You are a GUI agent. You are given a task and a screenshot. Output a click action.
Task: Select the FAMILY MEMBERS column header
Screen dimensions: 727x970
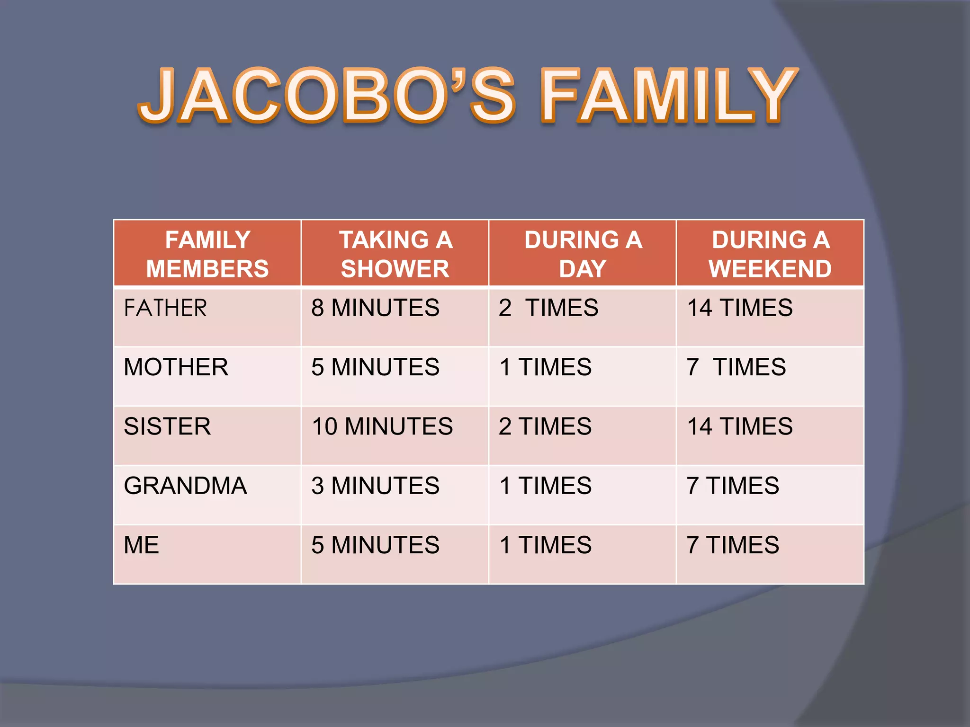click(x=207, y=254)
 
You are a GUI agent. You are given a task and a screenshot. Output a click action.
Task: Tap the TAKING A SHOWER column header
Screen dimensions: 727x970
click(x=395, y=254)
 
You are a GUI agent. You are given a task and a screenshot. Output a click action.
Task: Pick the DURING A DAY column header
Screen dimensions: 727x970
click(x=583, y=254)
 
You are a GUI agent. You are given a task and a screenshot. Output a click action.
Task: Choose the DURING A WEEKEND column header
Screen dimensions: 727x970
click(x=770, y=254)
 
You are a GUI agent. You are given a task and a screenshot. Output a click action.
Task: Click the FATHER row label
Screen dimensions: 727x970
click(x=165, y=308)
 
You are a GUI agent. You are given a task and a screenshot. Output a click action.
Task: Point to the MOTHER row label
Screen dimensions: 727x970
click(x=176, y=367)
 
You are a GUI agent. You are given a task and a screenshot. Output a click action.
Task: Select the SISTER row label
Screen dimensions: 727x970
click(x=167, y=426)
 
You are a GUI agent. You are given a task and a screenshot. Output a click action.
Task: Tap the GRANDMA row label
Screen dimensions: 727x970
click(x=185, y=486)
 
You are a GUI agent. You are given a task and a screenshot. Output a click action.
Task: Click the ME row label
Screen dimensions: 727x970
click(x=141, y=545)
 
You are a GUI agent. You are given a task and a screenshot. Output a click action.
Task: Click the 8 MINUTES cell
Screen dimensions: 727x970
click(x=375, y=308)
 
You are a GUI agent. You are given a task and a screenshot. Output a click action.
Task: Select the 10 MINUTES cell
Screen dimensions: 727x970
click(x=382, y=426)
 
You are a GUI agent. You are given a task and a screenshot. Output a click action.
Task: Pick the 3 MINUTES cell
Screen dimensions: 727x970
click(x=375, y=486)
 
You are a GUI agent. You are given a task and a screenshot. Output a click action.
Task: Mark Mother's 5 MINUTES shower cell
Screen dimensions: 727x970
click(x=375, y=367)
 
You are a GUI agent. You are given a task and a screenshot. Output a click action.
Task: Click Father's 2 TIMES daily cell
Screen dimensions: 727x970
click(x=548, y=308)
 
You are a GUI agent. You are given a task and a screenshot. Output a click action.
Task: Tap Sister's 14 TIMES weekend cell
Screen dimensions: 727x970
click(x=740, y=426)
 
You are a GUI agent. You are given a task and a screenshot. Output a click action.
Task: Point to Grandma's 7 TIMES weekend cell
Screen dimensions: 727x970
click(x=733, y=486)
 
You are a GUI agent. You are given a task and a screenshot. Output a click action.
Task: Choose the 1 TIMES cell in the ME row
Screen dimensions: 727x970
click(x=546, y=545)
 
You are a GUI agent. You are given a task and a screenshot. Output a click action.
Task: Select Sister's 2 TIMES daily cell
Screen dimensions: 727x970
click(x=545, y=426)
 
